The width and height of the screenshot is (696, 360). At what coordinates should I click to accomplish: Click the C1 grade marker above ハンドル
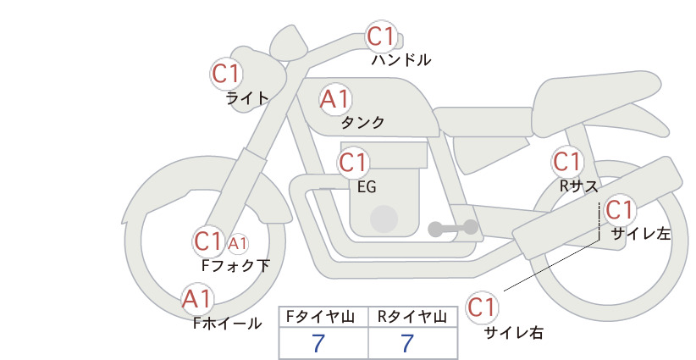[382, 36]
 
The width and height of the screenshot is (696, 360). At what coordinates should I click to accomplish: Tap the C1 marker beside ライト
[226, 74]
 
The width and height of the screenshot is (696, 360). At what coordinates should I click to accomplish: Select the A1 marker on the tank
[335, 99]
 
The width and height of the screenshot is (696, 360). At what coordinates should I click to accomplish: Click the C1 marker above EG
[353, 163]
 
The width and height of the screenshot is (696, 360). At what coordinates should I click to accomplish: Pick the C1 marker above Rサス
[567, 162]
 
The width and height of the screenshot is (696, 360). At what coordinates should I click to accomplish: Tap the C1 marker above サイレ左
[619, 210]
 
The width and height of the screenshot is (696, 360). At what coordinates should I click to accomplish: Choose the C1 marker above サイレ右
[482, 307]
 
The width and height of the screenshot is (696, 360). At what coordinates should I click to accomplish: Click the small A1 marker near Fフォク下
[237, 243]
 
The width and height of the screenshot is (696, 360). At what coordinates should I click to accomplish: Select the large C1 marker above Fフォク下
[208, 242]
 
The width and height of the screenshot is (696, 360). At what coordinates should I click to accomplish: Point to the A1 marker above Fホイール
[197, 299]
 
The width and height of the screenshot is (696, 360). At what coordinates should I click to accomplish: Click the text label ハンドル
[400, 59]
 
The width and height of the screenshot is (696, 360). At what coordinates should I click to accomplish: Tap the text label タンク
[362, 122]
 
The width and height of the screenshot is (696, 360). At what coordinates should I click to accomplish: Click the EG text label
[367, 187]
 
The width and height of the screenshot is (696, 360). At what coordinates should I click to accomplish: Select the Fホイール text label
[227, 324]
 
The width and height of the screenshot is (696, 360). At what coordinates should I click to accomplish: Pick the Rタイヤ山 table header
[412, 317]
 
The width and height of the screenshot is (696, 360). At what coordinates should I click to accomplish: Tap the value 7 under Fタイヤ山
[318, 343]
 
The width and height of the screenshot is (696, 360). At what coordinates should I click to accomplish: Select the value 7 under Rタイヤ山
[407, 343]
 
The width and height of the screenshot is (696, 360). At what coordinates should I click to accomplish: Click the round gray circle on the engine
[384, 219]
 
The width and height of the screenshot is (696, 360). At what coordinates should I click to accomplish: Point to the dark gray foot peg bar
[453, 228]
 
